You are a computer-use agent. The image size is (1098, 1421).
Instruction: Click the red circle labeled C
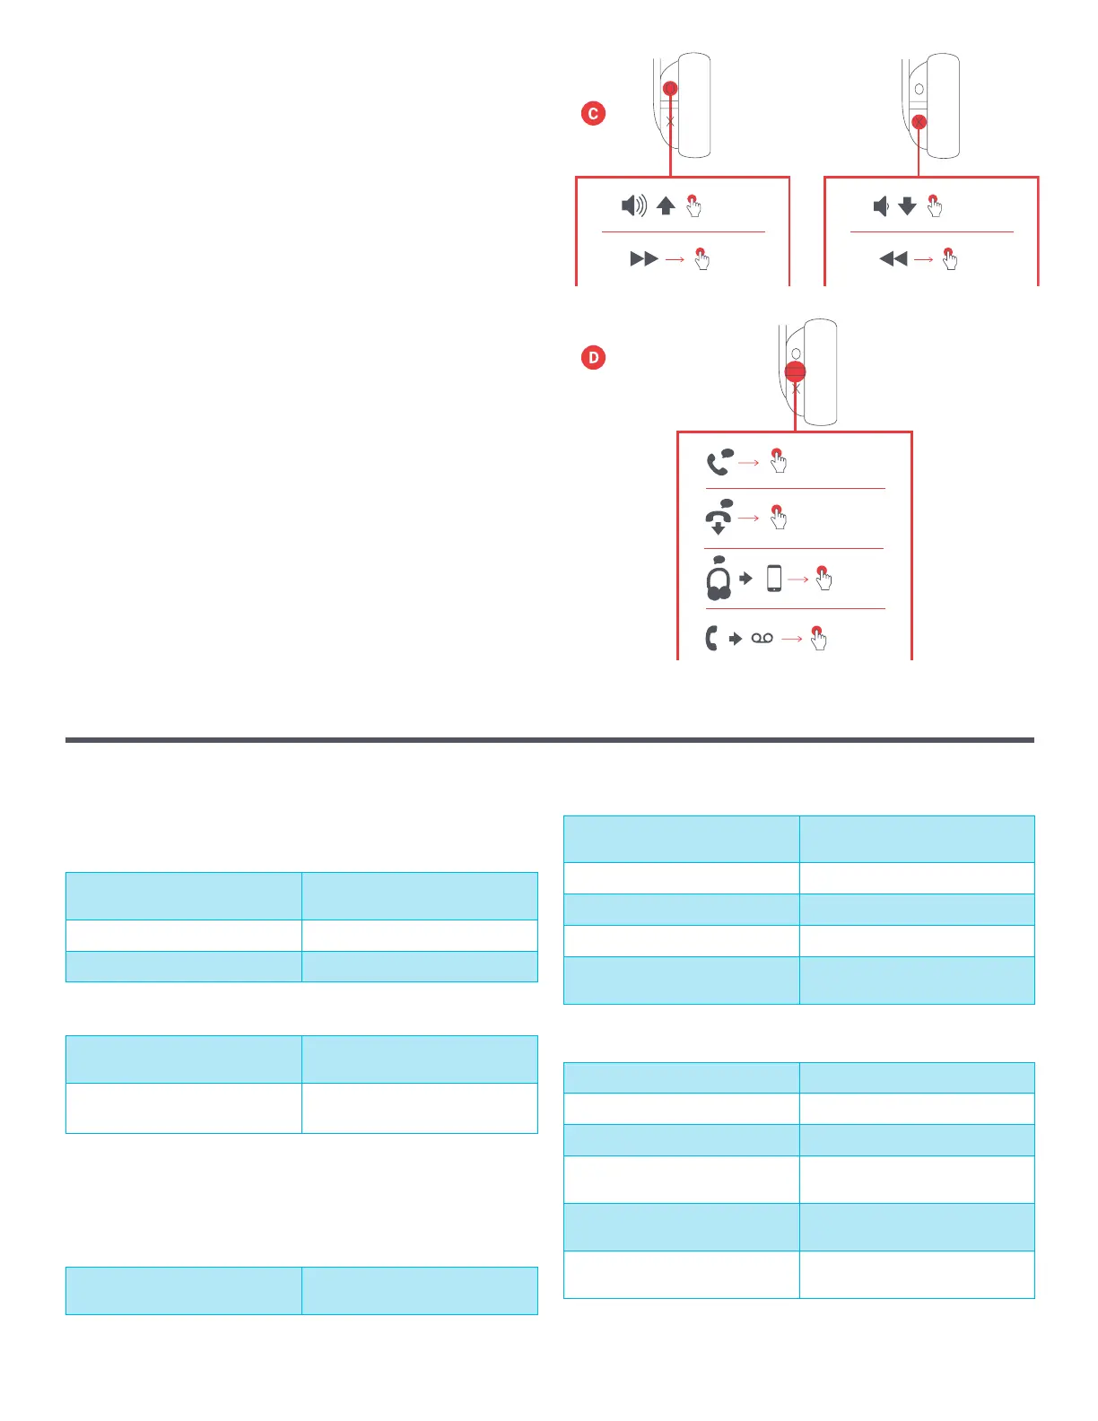pyautogui.click(x=593, y=114)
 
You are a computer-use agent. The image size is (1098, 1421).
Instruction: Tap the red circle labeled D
pyautogui.click(x=593, y=358)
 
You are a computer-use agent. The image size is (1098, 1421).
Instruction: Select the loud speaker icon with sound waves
pyautogui.click(x=634, y=206)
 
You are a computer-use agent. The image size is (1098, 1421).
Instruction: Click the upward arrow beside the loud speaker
pyautogui.click(x=666, y=206)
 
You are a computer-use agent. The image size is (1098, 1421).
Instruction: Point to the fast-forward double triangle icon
pyautogui.click(x=644, y=259)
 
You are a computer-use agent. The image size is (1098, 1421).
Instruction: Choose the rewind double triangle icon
pyautogui.click(x=893, y=259)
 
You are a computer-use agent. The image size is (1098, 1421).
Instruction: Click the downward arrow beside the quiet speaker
pyautogui.click(x=907, y=206)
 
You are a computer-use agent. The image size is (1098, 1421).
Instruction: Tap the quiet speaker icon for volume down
pyautogui.click(x=881, y=206)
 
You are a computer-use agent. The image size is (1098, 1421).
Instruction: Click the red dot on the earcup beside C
pyautogui.click(x=670, y=89)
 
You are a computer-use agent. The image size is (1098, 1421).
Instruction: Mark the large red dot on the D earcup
pyautogui.click(x=795, y=372)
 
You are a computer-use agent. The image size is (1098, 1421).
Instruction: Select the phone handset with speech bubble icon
pyautogui.click(x=719, y=462)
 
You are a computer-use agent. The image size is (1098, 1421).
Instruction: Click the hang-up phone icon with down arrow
pyautogui.click(x=719, y=517)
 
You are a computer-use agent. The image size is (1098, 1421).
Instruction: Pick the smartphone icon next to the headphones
pyautogui.click(x=774, y=579)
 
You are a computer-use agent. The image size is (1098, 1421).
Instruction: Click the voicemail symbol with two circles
pyautogui.click(x=762, y=638)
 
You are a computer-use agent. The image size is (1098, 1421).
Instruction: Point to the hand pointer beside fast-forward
pyautogui.click(x=701, y=259)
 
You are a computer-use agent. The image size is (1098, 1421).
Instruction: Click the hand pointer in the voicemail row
pyautogui.click(x=818, y=638)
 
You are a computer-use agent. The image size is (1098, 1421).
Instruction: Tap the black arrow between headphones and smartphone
pyautogui.click(x=745, y=579)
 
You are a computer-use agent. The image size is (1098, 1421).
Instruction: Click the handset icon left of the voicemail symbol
pyautogui.click(x=711, y=638)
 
